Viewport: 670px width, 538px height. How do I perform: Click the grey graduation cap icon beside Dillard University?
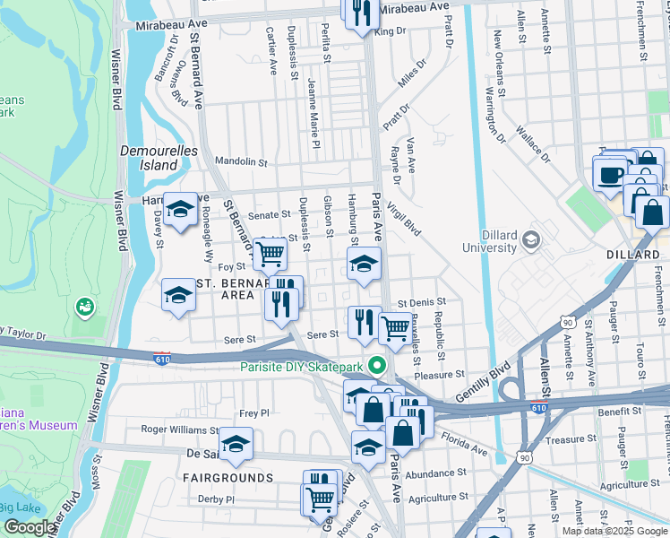(x=531, y=239)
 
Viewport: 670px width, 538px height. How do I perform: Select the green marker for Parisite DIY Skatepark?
(x=377, y=365)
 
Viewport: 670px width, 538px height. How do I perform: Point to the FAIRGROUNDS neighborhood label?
(x=228, y=478)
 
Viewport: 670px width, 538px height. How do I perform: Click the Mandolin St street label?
(x=242, y=162)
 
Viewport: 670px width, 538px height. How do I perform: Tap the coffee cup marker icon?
(x=611, y=175)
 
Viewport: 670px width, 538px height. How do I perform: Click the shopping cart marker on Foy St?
(x=270, y=254)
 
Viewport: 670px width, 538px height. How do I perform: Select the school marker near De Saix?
(x=236, y=444)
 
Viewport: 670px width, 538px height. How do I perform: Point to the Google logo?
(x=30, y=527)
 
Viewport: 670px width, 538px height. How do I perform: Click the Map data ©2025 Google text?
(x=614, y=531)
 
